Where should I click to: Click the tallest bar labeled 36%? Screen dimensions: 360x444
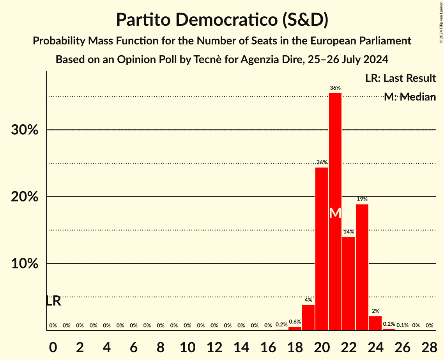coord(335,156)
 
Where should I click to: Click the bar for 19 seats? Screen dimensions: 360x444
coord(308,318)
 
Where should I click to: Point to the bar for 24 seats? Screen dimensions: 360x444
coord(375,323)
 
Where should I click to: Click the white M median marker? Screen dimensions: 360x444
coord(335,213)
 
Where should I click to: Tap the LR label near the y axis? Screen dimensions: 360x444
coord(53,301)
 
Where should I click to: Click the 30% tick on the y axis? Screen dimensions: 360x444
coord(25,130)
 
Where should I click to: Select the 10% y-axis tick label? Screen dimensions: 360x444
coord(25,264)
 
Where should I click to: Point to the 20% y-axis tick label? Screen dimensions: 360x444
coord(25,197)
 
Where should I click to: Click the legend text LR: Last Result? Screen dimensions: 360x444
coord(400,78)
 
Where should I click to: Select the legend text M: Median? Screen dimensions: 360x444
coord(410,97)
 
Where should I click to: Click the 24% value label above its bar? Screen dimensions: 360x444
coord(322,162)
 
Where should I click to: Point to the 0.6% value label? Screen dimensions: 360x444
coord(295,322)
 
